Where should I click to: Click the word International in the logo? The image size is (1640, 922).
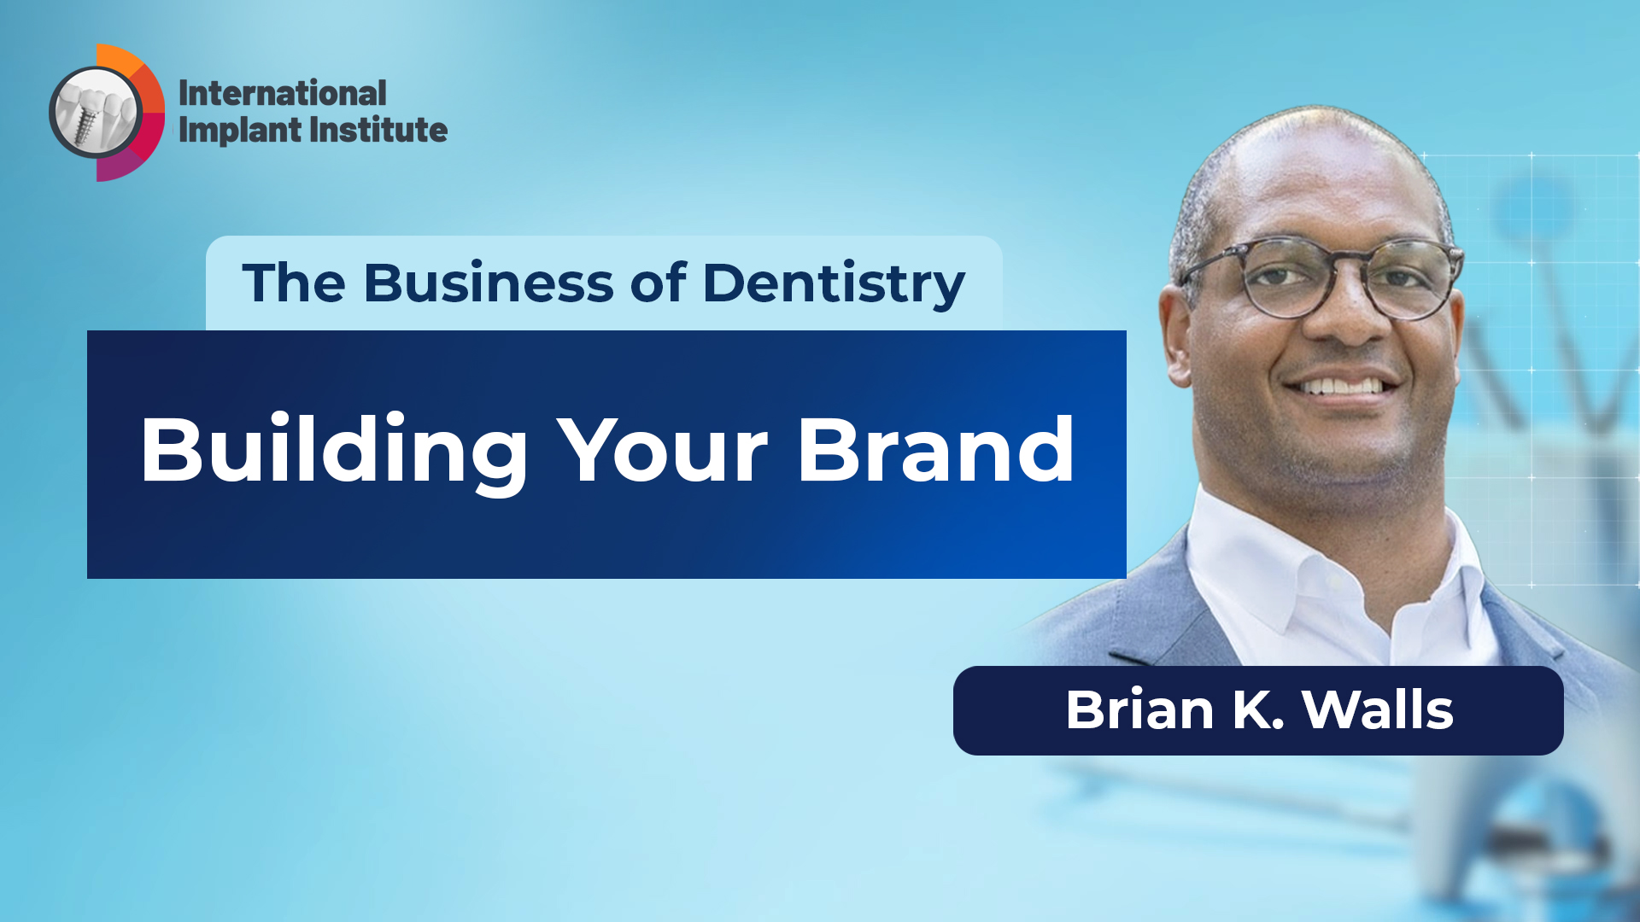(282, 93)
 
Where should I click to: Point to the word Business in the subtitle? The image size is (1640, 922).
(488, 283)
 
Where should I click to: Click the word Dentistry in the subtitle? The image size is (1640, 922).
(834, 284)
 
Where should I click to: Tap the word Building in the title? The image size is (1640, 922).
(334, 451)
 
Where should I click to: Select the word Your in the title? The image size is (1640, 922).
(663, 451)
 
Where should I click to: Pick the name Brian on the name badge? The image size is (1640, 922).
(1139, 709)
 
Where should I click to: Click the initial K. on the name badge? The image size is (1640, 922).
(1257, 709)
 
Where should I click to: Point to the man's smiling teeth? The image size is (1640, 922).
(1341, 387)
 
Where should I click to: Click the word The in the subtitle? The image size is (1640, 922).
(294, 283)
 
